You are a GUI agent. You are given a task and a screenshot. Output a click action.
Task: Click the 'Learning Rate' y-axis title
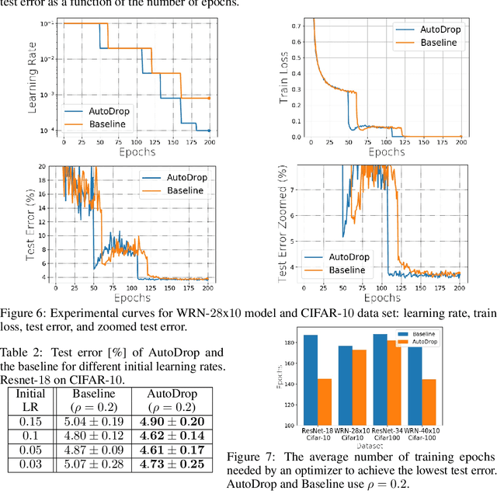(32, 77)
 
